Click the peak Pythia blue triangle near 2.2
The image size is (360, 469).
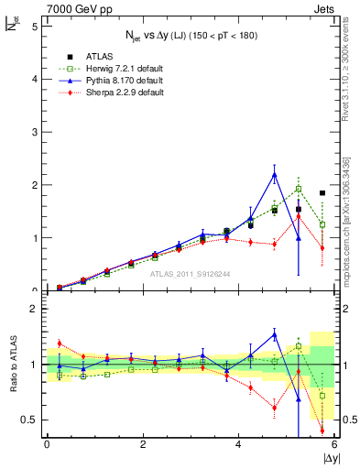point(275,175)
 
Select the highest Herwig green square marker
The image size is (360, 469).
point(299,190)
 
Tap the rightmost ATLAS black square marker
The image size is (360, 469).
point(322,193)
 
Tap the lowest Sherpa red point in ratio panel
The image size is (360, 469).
point(322,430)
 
